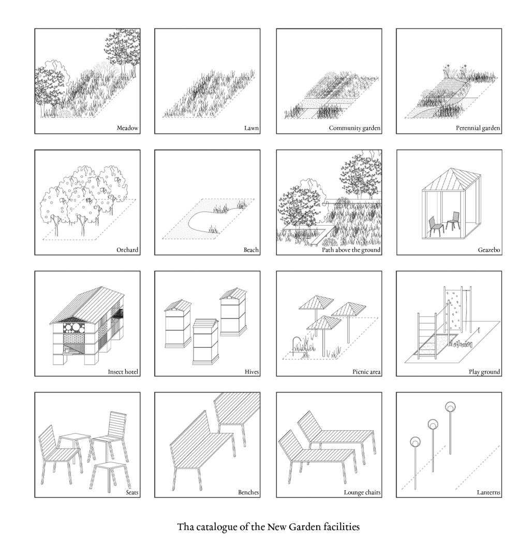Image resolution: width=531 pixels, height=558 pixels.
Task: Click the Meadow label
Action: coord(127,128)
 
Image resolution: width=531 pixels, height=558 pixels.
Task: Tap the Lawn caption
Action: coord(251,128)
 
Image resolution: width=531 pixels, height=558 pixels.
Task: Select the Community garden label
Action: coord(354,128)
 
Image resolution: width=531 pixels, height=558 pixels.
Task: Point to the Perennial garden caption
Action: coord(478,128)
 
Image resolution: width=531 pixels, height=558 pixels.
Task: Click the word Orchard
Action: coord(127,250)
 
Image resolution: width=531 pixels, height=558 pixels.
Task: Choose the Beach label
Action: coord(251,250)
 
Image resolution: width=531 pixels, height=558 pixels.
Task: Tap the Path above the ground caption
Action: coord(351,250)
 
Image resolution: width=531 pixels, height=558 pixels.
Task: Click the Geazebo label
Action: coord(489,250)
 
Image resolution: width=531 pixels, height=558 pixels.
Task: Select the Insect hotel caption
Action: coord(123,372)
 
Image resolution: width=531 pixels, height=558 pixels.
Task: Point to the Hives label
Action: coord(252,372)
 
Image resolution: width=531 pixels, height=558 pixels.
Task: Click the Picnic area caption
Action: coord(366,372)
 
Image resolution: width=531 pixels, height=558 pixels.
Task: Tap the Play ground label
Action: coord(484,372)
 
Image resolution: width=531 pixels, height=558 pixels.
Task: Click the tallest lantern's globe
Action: coord(450,407)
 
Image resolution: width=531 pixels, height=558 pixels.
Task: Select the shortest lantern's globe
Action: coord(415,442)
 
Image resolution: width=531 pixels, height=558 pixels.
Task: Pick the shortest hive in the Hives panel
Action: coord(205,342)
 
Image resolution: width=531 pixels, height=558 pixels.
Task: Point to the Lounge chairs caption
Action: coord(362,493)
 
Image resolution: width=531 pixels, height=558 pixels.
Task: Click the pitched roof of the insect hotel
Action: coord(87,305)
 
